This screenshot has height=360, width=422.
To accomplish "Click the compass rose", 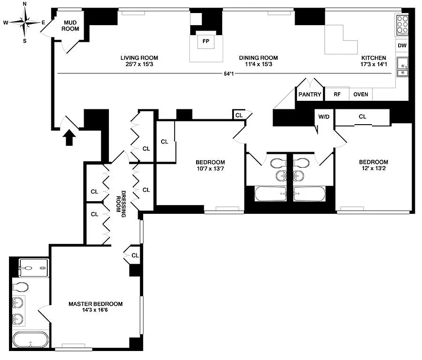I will pyautogui.click(x=24, y=22).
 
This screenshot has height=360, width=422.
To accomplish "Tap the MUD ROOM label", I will pyautogui.click(x=71, y=26).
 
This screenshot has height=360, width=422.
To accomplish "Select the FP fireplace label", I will pyautogui.click(x=206, y=41).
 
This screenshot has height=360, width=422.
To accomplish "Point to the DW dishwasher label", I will pyautogui.click(x=402, y=45).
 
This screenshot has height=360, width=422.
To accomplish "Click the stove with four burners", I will pyautogui.click(x=402, y=24).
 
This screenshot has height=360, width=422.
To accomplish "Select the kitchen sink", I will pyautogui.click(x=402, y=68).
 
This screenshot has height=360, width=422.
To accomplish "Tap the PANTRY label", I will pyautogui.click(x=310, y=94).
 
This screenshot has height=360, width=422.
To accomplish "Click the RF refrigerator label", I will pyautogui.click(x=337, y=94).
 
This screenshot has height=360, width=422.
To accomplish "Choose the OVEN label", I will pyautogui.click(x=360, y=94).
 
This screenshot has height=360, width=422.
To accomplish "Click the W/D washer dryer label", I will pyautogui.click(x=323, y=117).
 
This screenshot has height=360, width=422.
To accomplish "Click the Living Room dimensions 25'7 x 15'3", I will pyautogui.click(x=139, y=64).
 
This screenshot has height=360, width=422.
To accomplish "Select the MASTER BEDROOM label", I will pyautogui.click(x=95, y=304).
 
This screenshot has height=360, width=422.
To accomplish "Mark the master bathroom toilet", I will pyautogui.click(x=20, y=286).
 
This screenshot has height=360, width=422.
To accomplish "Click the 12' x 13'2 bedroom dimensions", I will pyautogui.click(x=373, y=169).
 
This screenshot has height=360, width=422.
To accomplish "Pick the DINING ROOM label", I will pyautogui.click(x=258, y=58).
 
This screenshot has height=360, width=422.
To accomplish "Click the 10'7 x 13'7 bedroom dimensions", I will pyautogui.click(x=210, y=169).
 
